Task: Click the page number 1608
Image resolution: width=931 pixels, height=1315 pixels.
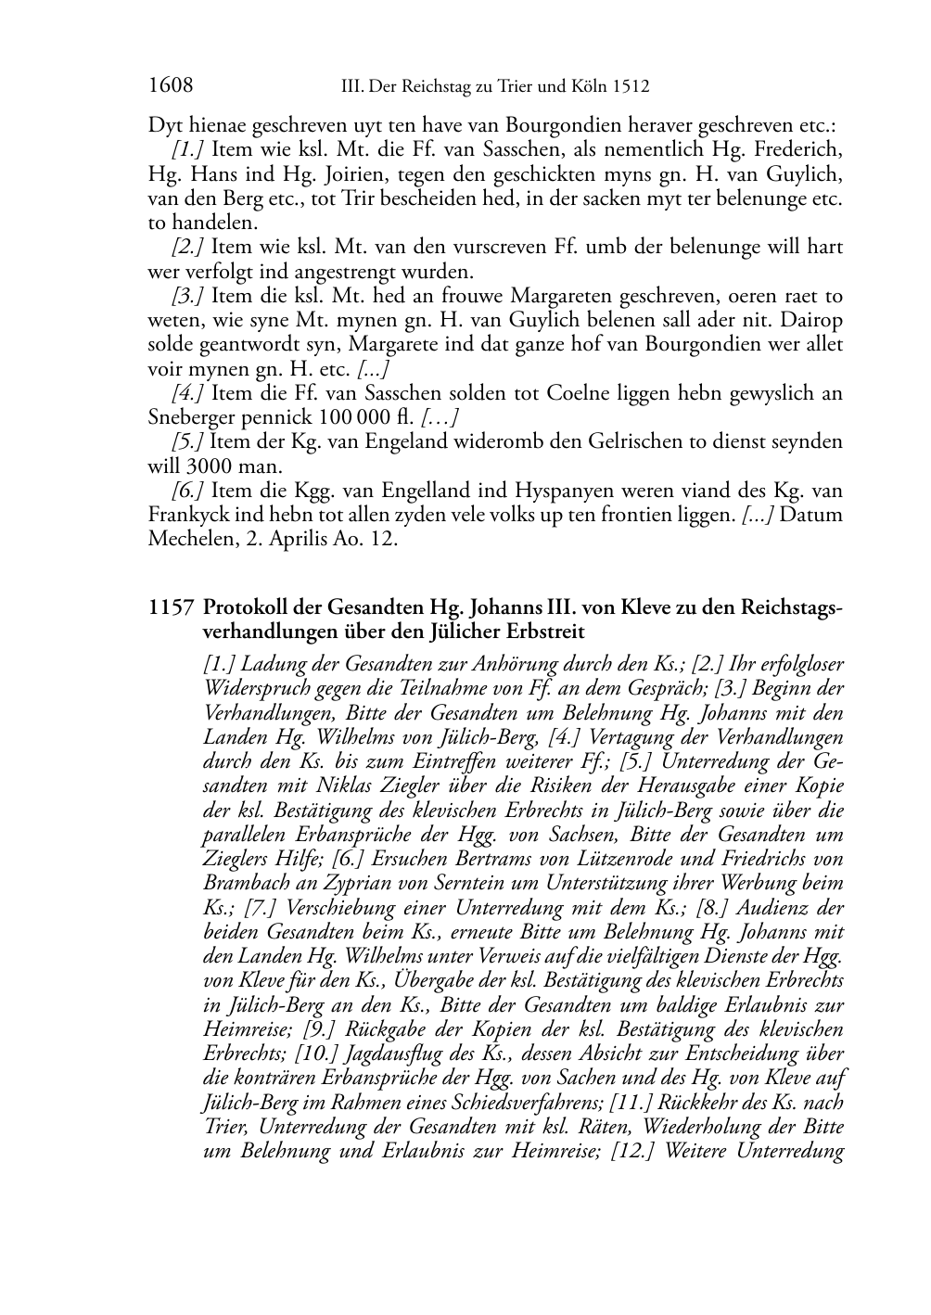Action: [170, 87]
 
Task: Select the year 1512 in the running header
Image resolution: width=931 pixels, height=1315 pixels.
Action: [631, 88]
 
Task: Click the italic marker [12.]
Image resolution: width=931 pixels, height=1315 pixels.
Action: [635, 1152]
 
